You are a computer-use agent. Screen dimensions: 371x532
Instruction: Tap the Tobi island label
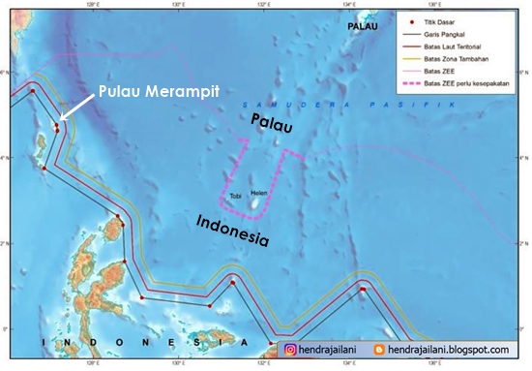pyautogui.click(x=235, y=197)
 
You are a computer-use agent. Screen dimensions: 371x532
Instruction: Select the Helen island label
pyautogui.click(x=258, y=193)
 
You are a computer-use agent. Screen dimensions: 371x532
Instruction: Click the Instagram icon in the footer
pyautogui.click(x=288, y=350)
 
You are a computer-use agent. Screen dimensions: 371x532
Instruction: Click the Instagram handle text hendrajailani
pyautogui.click(x=333, y=350)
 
